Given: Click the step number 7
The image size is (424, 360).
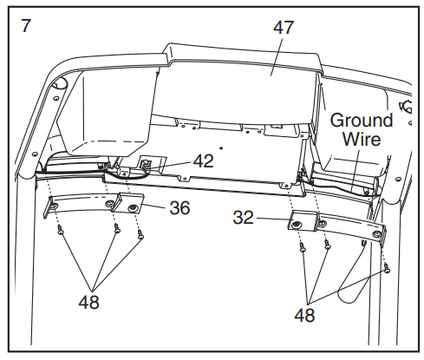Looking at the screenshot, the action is point(25,25).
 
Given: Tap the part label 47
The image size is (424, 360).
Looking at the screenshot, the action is point(284,28).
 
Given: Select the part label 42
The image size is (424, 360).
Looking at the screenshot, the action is point(204,161).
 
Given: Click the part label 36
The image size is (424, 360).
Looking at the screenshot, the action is point(179,207).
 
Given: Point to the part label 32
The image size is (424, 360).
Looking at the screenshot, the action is point(244,218).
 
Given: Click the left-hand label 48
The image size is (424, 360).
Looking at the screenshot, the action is point(89,303).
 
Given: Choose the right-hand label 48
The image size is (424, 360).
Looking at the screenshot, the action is point(304,315).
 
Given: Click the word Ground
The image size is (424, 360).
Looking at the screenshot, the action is point(362,120).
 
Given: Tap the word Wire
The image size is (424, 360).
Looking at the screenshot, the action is point(362,139).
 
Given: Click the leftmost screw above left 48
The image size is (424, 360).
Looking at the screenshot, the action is point(61,230).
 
